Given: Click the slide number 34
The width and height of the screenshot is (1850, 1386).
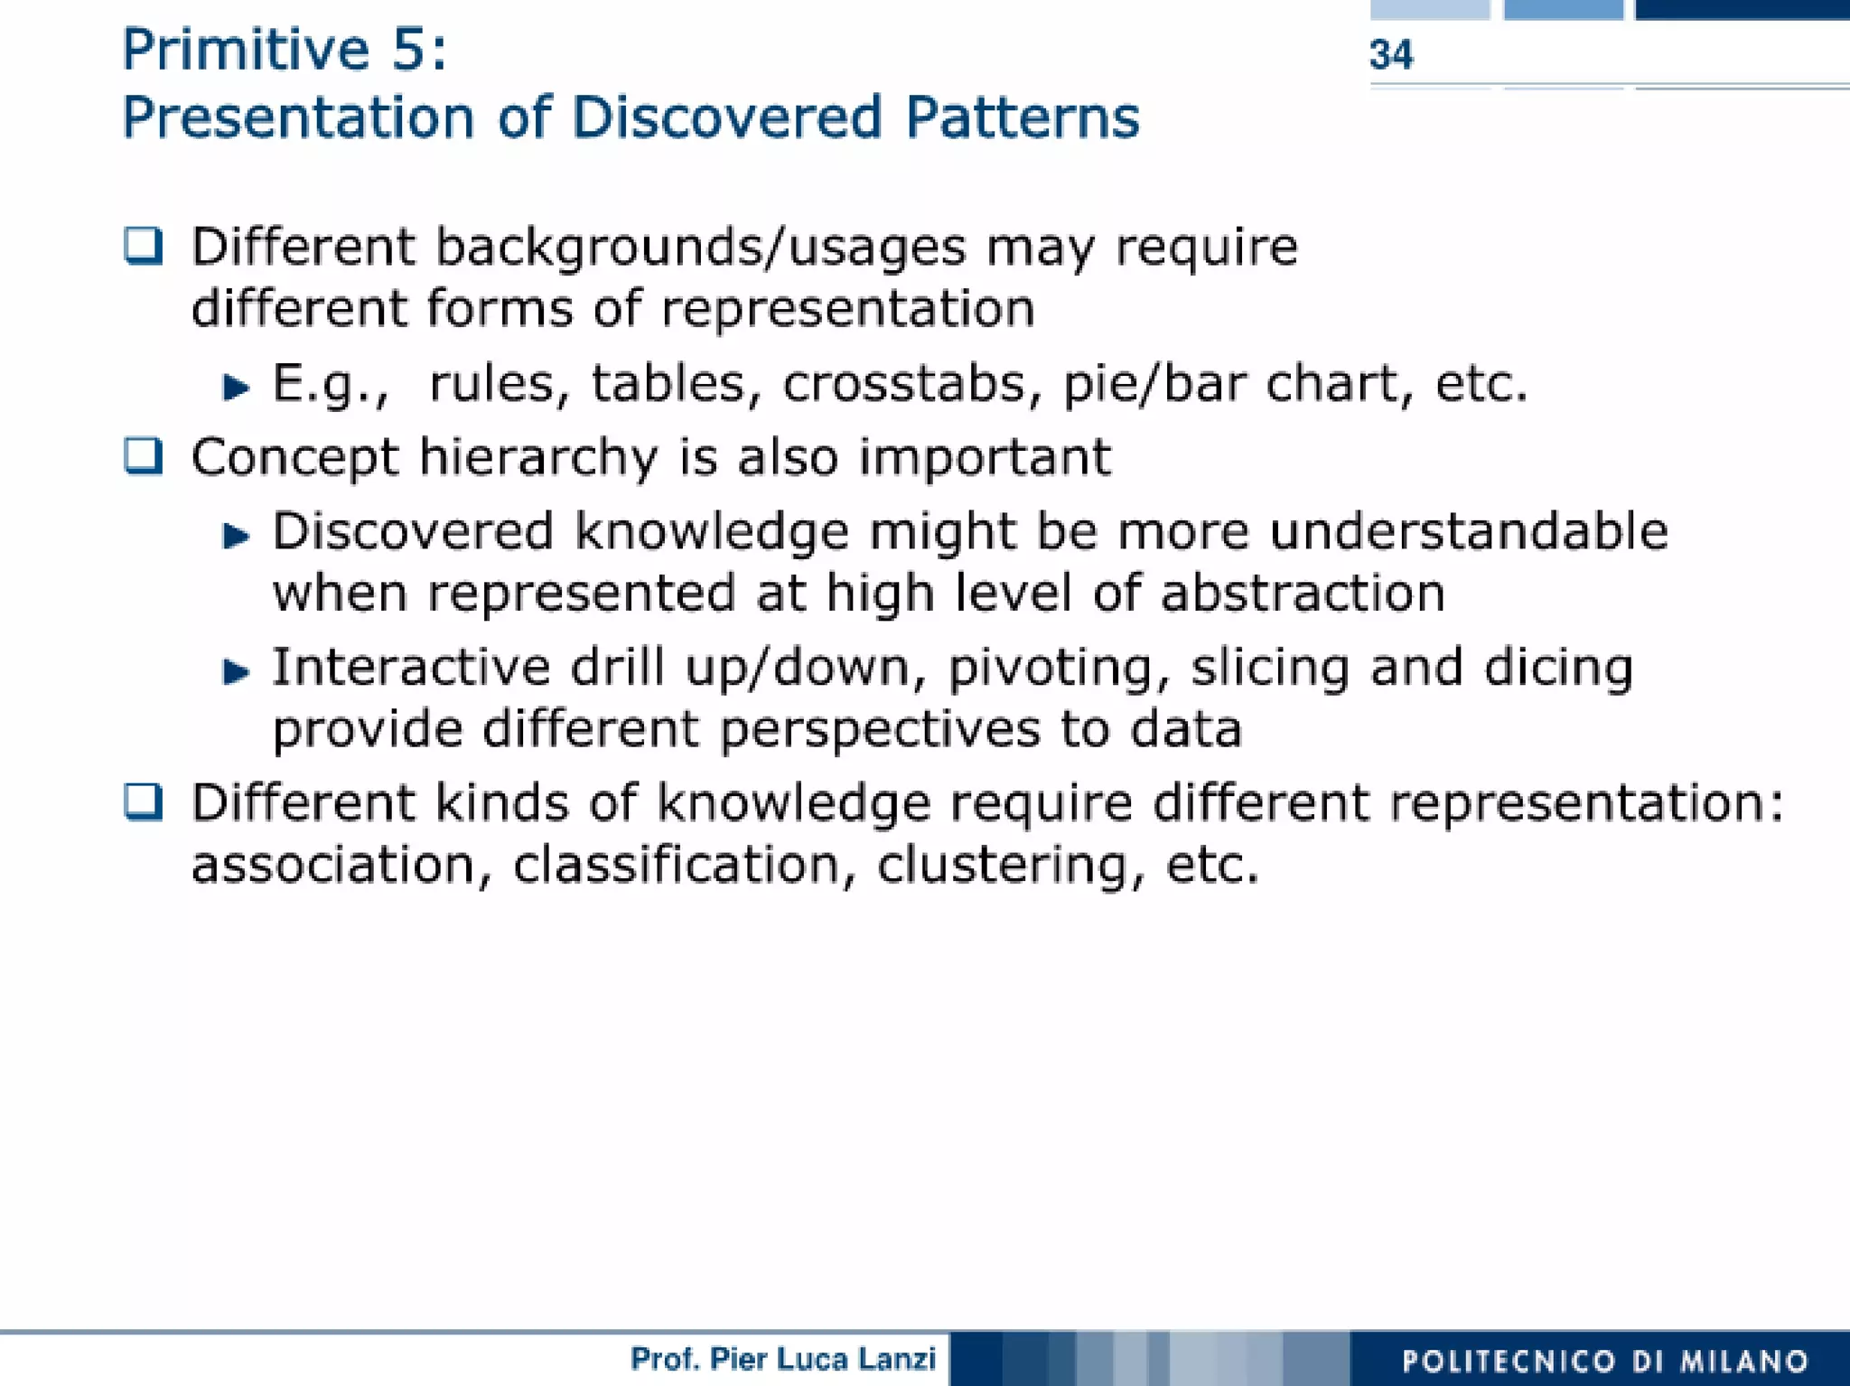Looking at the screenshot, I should [1390, 55].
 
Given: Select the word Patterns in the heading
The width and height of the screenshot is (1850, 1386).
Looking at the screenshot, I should [1022, 117].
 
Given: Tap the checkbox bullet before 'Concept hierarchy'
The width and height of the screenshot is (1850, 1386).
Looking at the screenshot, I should [144, 455].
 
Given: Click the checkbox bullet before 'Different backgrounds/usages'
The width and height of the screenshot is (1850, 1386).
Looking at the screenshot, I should [144, 245].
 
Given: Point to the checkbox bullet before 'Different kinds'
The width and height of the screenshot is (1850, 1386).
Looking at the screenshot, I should [144, 801].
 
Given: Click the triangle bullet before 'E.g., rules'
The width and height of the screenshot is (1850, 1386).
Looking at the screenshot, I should [236, 388].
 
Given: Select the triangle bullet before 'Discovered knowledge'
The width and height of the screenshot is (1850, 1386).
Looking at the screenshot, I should [236, 536].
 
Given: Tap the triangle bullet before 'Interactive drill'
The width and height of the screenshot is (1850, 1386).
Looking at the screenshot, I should [236, 671].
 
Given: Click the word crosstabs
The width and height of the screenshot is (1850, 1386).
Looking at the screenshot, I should [904, 383].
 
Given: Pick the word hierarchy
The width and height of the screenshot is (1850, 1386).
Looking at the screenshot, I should [538, 457].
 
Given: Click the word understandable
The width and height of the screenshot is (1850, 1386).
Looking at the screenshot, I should [1469, 531].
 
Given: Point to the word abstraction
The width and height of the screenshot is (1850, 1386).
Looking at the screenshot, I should [1303, 594].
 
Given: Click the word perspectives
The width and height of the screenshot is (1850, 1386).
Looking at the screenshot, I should [880, 730].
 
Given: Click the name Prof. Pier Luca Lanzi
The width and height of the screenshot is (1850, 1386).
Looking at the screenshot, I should [782, 1359].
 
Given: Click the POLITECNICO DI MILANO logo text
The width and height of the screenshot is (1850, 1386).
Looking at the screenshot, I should [1605, 1361].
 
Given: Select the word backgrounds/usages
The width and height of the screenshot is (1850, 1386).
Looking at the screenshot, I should [700, 248].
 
